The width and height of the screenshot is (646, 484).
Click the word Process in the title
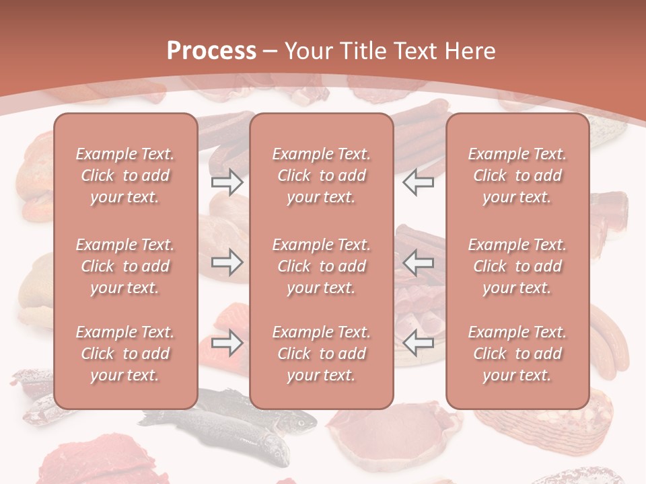(211, 51)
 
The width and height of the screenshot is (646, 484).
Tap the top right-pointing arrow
(227, 182)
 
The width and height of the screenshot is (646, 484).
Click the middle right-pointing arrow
(227, 262)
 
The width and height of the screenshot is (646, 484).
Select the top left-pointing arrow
(419, 182)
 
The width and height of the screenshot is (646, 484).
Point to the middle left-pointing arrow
(419, 262)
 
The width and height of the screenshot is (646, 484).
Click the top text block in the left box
(125, 175)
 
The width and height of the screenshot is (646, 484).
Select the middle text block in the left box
(125, 266)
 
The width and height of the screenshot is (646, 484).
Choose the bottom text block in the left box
(125, 354)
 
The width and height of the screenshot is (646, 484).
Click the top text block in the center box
(322, 175)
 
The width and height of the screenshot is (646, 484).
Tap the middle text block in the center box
(322, 266)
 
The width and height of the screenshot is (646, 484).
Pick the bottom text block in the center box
(322, 354)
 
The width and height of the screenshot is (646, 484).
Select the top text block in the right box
(517, 175)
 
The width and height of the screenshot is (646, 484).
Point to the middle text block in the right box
(517, 266)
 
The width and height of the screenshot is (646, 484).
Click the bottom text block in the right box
(517, 354)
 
